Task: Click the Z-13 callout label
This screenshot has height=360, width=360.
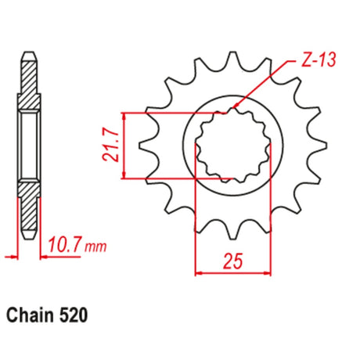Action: click(x=319, y=59)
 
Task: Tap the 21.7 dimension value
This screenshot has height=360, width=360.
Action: click(x=111, y=146)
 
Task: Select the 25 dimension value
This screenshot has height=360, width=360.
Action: click(x=233, y=261)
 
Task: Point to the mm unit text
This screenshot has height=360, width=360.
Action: click(x=95, y=247)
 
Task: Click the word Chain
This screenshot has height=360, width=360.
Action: click(x=30, y=315)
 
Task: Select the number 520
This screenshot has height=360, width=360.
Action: click(x=74, y=315)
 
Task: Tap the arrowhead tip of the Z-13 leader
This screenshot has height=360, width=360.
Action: click(x=232, y=107)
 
